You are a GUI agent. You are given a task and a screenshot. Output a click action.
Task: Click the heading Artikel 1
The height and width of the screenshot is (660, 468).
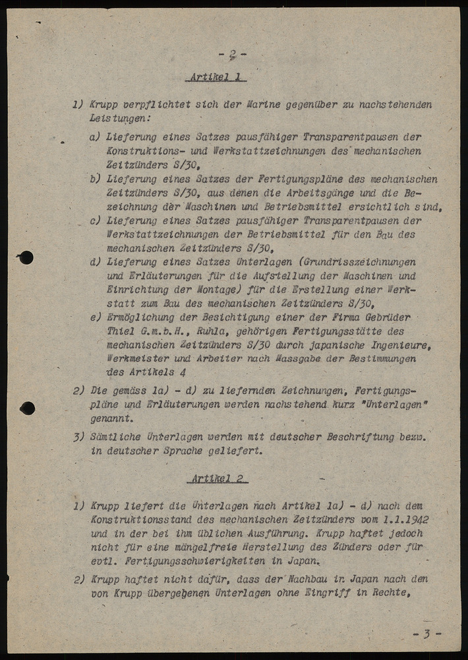(216, 77)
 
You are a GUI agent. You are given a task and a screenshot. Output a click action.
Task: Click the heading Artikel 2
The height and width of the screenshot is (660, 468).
(218, 478)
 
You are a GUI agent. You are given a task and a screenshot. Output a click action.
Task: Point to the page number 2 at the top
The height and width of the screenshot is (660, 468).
(233, 54)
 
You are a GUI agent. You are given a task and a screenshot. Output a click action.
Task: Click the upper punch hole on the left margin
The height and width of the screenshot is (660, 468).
(26, 257)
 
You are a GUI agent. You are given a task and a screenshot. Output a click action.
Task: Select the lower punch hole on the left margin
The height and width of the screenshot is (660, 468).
(27, 408)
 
